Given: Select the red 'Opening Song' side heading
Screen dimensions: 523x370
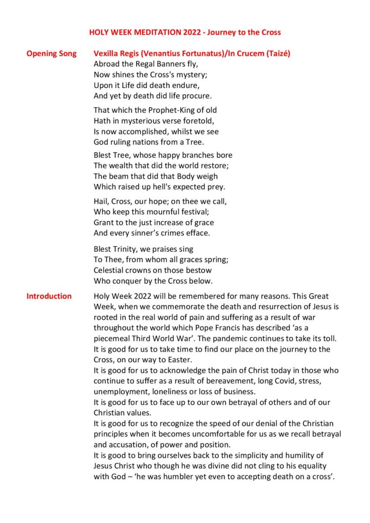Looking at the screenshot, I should click(52, 54).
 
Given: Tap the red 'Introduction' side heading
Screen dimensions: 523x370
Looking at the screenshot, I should click(49, 296).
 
